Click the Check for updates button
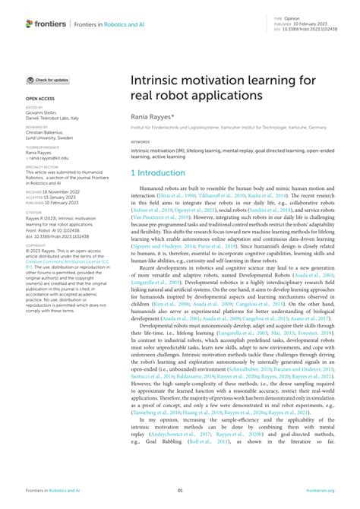click(49, 80)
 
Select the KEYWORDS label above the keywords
click(140, 141)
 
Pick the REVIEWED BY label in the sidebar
click(38, 127)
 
